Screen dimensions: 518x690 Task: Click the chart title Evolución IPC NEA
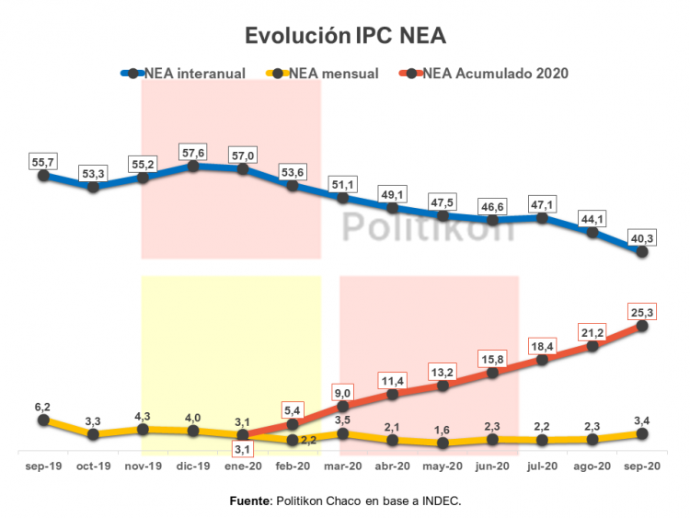pos(345,36)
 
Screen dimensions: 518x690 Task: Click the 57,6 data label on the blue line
pos(193,151)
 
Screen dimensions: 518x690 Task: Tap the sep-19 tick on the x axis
pos(43,467)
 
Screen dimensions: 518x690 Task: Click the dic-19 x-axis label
pos(193,467)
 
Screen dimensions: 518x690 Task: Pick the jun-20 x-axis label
pos(492,467)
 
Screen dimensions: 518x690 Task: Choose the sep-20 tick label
pos(642,467)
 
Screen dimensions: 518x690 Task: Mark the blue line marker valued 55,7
pos(43,175)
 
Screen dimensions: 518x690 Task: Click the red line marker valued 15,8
pos(492,373)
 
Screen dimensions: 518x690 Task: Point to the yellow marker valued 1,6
pos(443,443)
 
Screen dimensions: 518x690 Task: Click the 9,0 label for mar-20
pos(343,389)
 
